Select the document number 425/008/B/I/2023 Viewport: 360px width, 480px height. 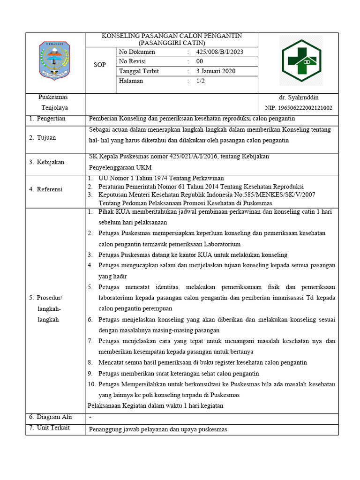coord(220,52)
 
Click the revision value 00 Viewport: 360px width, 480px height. coord(200,61)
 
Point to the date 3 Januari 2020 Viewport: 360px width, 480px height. coord(216,71)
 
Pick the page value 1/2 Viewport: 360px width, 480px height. coord(201,81)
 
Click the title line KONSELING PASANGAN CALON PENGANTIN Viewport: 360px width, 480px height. coord(172,36)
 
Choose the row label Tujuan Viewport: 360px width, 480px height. coord(46,138)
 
